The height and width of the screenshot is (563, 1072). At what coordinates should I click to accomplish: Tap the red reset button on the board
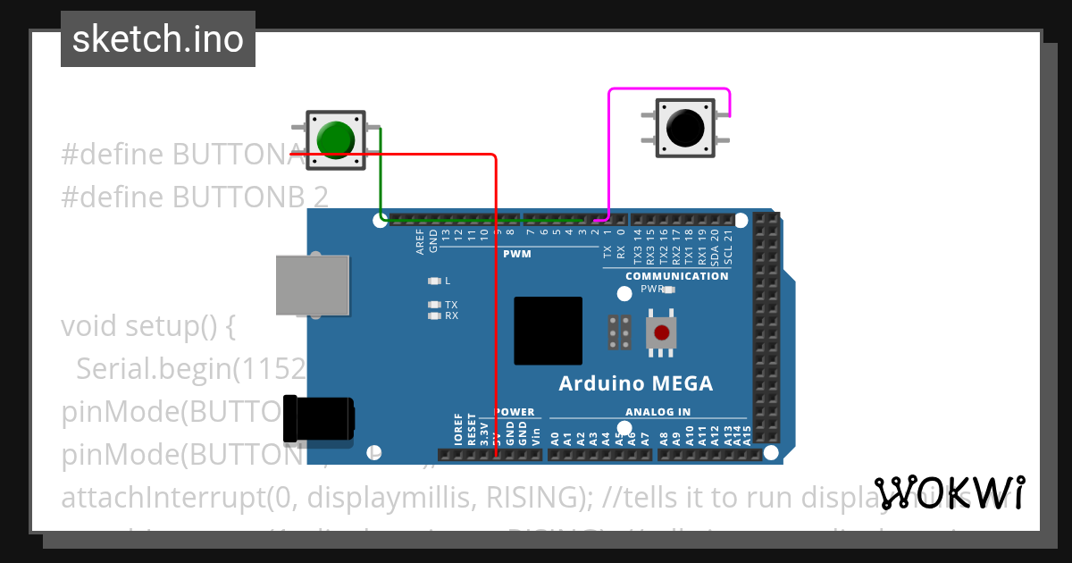click(661, 333)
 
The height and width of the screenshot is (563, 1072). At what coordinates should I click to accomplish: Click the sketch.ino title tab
click(158, 39)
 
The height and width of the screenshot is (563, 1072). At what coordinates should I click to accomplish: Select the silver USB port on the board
click(312, 285)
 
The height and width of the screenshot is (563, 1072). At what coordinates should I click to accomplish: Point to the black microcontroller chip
click(548, 331)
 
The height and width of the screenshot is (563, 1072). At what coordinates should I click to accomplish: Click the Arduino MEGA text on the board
click(635, 383)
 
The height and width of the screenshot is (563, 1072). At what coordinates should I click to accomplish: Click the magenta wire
click(609, 152)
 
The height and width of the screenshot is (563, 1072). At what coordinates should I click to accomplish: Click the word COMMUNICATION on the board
click(676, 276)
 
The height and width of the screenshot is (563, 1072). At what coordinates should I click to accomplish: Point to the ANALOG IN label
click(657, 412)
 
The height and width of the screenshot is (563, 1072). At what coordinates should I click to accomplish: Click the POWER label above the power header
click(515, 412)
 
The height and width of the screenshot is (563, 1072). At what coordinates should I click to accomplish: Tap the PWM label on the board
click(516, 254)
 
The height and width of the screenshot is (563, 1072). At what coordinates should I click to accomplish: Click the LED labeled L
click(435, 281)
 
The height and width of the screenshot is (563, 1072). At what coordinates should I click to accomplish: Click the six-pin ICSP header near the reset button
click(619, 332)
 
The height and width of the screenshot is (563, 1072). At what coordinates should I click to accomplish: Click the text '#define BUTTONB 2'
click(194, 197)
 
